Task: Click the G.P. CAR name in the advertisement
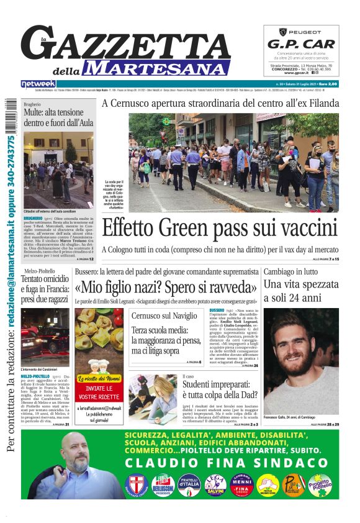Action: tap(301, 44)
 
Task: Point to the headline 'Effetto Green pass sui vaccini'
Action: tap(219, 228)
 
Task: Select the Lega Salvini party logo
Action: tap(215, 484)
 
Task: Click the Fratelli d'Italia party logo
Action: tap(188, 484)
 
